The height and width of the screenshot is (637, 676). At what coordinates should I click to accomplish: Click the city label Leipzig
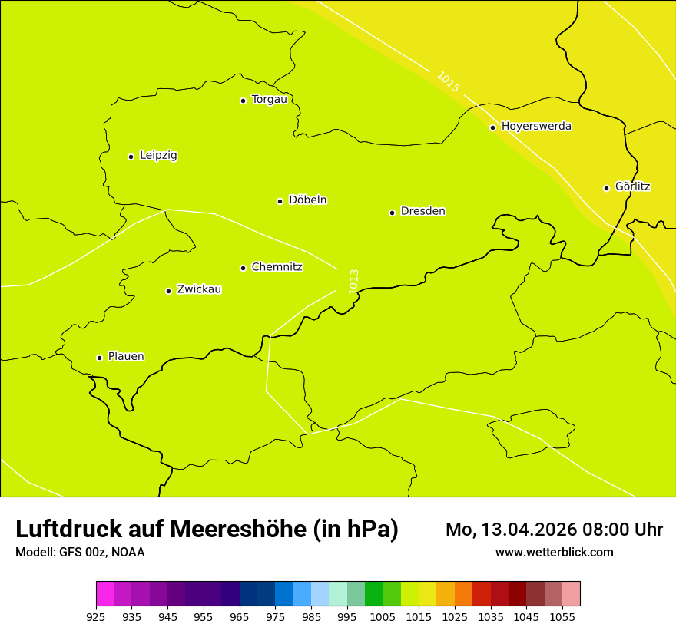tap(158, 156)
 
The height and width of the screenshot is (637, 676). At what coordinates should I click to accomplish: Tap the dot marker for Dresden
tap(392, 213)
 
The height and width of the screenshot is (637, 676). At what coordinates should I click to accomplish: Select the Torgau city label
tap(269, 100)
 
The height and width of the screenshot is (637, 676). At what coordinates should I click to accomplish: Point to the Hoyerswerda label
tap(536, 127)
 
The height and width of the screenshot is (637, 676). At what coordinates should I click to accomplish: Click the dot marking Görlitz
tap(606, 188)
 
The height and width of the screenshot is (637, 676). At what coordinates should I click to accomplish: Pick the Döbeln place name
tap(307, 200)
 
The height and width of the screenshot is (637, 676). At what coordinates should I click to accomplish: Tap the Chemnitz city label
tap(277, 267)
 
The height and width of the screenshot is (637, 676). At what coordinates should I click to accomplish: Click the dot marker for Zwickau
tap(168, 291)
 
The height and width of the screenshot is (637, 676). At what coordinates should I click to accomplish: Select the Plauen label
tap(126, 357)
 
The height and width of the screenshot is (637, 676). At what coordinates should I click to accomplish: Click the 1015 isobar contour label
tap(448, 82)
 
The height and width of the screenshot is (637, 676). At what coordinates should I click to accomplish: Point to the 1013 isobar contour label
tap(353, 281)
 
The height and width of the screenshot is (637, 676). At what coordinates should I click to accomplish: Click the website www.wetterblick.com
tap(554, 553)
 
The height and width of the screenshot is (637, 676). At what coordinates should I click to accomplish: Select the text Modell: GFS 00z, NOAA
tap(80, 553)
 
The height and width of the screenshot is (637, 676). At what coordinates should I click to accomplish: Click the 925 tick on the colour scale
tap(96, 616)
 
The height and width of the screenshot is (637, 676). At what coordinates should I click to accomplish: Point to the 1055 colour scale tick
tap(562, 616)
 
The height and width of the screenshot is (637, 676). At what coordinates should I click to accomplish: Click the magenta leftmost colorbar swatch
tap(104, 594)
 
